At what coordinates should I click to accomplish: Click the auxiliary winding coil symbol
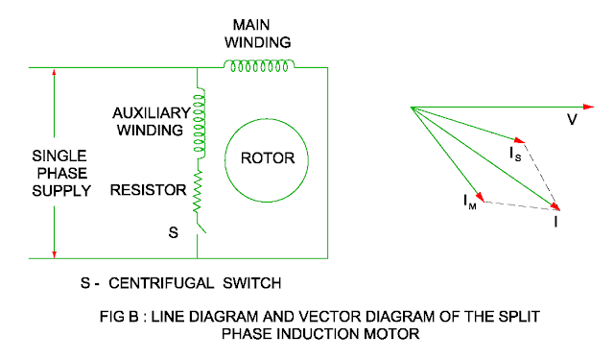click(x=199, y=124)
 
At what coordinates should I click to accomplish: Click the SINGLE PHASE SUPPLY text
click(x=62, y=173)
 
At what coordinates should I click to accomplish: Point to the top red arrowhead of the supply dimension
click(x=55, y=75)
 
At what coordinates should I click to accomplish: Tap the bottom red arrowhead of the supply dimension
click(x=55, y=252)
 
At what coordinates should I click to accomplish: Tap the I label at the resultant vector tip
click(x=556, y=220)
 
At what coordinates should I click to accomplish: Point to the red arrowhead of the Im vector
click(x=484, y=199)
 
